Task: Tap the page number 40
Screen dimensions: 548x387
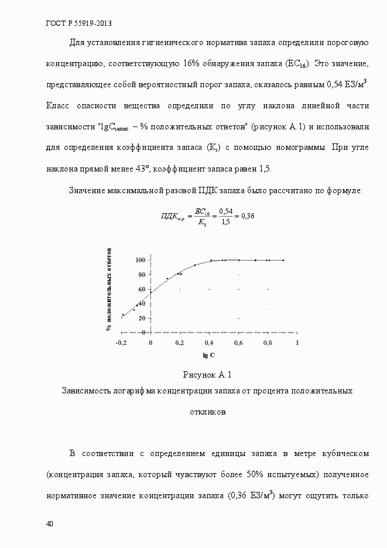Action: pos(49,523)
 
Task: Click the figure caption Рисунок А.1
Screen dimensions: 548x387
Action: pos(208,374)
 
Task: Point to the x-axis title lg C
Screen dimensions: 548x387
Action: pos(209,355)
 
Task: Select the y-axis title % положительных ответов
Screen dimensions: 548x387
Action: pos(108,289)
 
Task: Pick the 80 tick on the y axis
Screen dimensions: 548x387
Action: pos(141,275)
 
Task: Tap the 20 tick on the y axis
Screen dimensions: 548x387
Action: pos(141,318)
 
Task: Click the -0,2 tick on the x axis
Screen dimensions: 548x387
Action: pos(121,342)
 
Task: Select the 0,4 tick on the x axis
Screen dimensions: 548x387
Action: pos(209,342)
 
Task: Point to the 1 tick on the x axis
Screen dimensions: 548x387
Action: pos(297,342)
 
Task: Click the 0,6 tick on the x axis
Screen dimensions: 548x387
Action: pos(238,342)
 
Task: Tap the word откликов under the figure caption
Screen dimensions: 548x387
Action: pos(208,412)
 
